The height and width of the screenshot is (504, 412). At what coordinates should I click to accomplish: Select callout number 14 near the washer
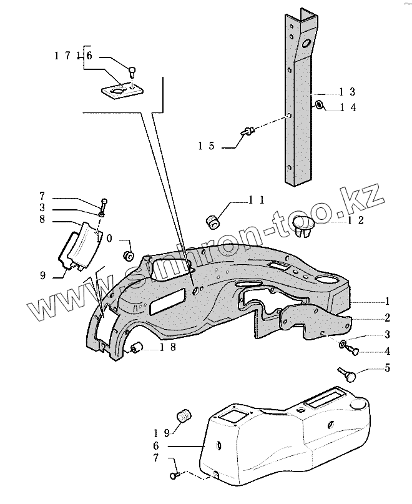348,107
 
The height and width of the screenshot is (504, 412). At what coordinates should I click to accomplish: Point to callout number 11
256,200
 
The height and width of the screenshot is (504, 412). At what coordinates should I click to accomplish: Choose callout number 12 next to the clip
356,220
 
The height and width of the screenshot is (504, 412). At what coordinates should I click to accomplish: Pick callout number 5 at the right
387,368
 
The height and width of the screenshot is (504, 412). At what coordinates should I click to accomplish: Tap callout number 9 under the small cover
44,275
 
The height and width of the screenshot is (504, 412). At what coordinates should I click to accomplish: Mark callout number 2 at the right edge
387,317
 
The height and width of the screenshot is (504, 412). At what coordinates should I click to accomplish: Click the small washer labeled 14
319,104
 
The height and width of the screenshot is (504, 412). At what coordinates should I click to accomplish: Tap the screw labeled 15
248,131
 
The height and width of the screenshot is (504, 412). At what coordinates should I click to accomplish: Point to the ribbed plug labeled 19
184,415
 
